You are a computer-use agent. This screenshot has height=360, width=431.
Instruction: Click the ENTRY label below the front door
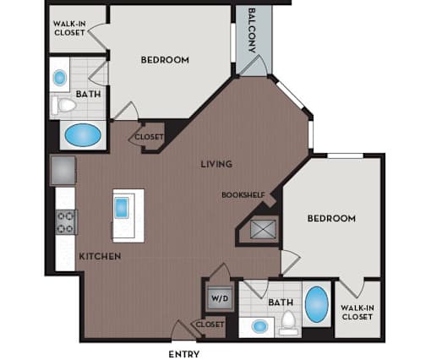click(184, 354)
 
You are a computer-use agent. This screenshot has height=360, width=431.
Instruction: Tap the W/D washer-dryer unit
click(220, 298)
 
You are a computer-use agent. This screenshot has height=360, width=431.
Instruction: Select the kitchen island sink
click(122, 208)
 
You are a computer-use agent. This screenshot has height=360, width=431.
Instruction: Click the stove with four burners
click(66, 222)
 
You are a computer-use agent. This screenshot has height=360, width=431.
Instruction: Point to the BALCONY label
click(252, 30)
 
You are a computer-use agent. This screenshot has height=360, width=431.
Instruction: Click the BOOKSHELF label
click(243, 195)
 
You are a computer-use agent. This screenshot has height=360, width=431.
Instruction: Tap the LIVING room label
click(216, 164)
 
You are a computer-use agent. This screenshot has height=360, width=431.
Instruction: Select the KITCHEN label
click(100, 256)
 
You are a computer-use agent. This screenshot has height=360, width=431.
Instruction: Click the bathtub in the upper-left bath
click(83, 135)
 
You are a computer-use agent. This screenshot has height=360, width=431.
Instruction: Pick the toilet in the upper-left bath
click(64, 106)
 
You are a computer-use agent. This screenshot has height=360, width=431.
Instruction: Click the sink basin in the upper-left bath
click(60, 78)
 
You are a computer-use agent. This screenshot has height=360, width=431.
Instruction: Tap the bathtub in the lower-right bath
click(317, 304)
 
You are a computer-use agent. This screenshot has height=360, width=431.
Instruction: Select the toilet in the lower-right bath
click(288, 323)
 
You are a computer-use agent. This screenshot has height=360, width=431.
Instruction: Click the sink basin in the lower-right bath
click(259, 326)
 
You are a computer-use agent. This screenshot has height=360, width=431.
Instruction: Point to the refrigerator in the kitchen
click(63, 171)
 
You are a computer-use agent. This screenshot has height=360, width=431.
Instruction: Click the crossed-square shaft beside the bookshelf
click(263, 230)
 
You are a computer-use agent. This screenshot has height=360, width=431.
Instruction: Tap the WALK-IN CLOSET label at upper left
click(69, 28)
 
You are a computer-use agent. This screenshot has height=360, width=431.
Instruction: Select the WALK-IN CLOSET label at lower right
click(357, 312)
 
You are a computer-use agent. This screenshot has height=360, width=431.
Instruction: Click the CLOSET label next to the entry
click(210, 325)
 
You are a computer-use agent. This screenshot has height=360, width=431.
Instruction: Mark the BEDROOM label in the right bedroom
click(331, 218)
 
